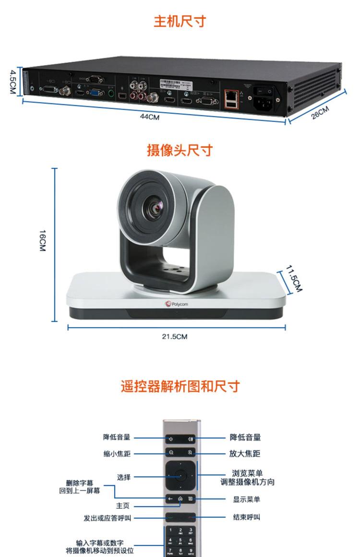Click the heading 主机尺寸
[180, 22]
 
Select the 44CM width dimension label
[150, 117]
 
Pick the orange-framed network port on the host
[231, 98]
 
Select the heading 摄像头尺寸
[180, 150]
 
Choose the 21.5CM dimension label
[175, 336]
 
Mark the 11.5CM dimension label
[294, 279]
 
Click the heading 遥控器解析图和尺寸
[180, 387]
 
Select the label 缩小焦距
[117, 453]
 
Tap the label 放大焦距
[246, 453]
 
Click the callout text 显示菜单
[247, 499]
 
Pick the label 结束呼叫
[247, 518]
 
